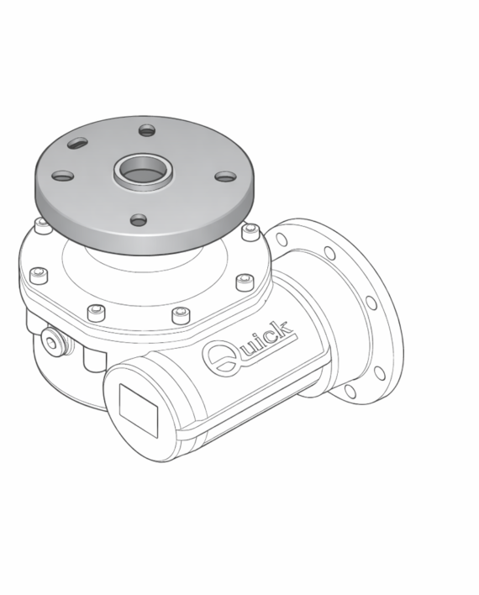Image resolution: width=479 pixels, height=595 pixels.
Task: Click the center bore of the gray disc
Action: pyautogui.click(x=144, y=171)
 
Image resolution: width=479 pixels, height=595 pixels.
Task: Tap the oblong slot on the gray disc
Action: pyautogui.click(x=78, y=144)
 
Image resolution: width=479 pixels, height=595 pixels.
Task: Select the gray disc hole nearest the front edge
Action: pyautogui.click(x=139, y=219)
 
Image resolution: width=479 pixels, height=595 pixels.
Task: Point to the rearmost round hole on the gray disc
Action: pyautogui.click(x=147, y=131)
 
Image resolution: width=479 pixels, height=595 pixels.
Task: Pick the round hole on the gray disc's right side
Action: pyautogui.click(x=226, y=176)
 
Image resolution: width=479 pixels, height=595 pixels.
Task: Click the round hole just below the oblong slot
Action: pyautogui.click(x=63, y=176)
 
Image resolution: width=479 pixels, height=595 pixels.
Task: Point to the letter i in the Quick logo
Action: pyautogui.click(x=261, y=340)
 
